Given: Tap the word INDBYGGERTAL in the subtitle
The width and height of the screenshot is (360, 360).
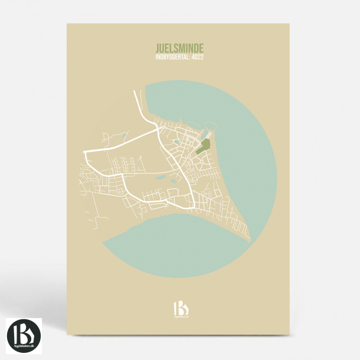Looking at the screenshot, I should (x=168, y=57).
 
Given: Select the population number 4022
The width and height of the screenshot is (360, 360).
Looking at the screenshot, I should (x=198, y=57).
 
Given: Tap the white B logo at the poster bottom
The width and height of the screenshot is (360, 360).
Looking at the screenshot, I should (x=180, y=308).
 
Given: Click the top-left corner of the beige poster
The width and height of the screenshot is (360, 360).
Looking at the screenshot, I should (x=67, y=24).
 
